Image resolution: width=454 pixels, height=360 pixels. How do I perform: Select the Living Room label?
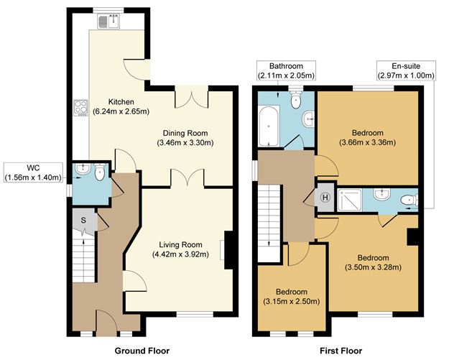(181, 244)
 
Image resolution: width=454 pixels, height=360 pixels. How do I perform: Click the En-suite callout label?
(405, 70)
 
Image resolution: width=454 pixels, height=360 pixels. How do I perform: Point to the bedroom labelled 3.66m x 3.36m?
(367, 137)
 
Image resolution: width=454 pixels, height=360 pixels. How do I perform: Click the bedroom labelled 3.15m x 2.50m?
(292, 296)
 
